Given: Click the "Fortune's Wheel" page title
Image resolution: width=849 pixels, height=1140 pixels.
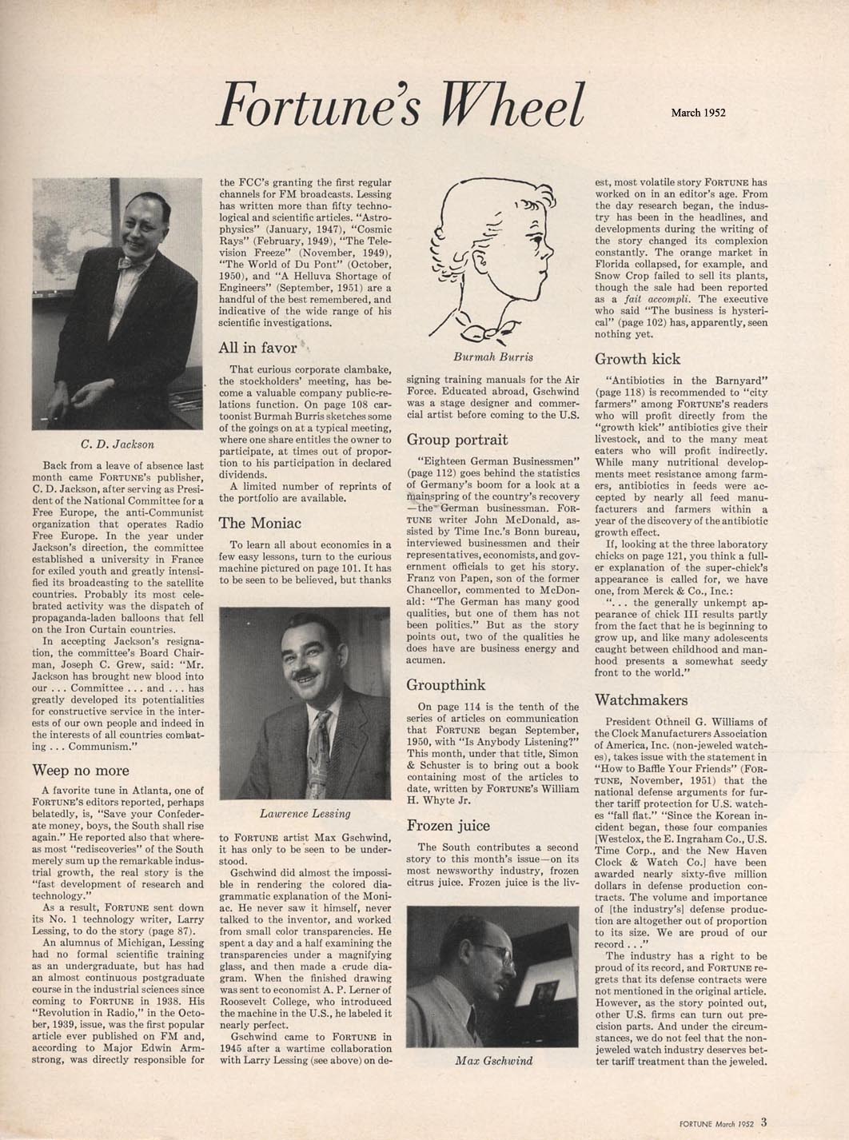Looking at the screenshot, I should click(x=401, y=104).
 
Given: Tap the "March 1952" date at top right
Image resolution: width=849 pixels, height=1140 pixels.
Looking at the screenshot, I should click(x=698, y=113).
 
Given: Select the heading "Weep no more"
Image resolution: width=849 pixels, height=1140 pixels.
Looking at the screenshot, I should click(x=80, y=770).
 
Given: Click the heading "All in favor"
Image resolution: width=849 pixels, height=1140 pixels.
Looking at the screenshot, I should click(x=257, y=348).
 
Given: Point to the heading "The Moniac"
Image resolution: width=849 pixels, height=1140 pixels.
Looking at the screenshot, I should click(x=260, y=523).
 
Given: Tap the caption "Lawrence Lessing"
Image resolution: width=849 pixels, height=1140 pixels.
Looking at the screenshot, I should click(x=305, y=813).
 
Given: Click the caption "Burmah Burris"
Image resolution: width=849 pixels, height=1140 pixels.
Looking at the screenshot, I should click(x=492, y=357).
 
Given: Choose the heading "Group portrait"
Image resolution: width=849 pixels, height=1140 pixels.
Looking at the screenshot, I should click(x=456, y=439).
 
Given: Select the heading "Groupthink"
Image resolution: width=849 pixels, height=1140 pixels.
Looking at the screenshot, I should click(x=445, y=684).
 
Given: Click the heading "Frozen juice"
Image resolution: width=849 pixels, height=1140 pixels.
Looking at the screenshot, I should click(x=448, y=825).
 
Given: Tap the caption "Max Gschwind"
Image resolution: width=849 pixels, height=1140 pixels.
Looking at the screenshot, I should click(x=493, y=1060).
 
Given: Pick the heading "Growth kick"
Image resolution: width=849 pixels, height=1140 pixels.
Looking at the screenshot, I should click(x=637, y=358).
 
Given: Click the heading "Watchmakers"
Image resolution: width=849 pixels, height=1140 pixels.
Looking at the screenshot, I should click(x=640, y=700).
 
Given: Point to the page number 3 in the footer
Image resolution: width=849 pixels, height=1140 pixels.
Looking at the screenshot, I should click(x=764, y=1122).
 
